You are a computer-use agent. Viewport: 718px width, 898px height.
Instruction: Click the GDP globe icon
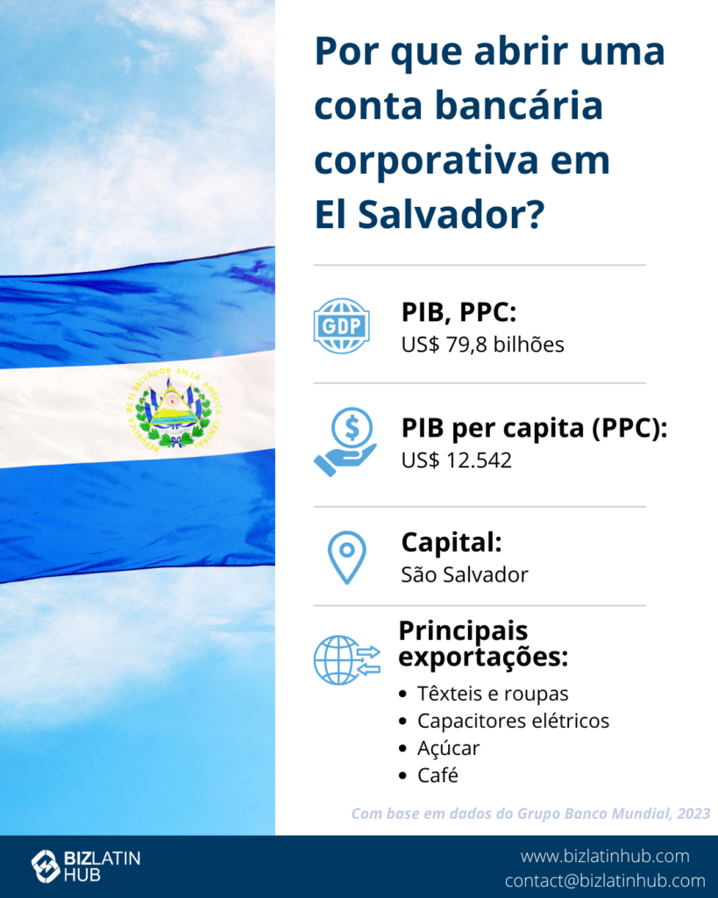[342, 325]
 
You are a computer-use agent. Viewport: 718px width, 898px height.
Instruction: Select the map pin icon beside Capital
[347, 558]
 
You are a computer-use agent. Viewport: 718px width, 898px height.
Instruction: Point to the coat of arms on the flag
[174, 408]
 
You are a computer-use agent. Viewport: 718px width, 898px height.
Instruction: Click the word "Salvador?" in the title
[451, 215]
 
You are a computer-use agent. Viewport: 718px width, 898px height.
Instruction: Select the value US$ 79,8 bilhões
[483, 345]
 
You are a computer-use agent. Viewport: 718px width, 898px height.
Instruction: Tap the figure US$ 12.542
[457, 460]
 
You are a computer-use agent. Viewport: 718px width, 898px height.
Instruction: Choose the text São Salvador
[465, 574]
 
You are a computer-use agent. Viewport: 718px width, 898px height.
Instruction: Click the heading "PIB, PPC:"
[459, 313]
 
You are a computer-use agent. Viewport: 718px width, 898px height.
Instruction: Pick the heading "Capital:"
[451, 542]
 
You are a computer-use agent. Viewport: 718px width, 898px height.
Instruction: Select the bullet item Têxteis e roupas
[493, 694]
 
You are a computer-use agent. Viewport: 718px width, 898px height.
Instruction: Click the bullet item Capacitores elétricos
[513, 721]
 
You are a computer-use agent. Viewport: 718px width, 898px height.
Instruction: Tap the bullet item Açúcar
[448, 749]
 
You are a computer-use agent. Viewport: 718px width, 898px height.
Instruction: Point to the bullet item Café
[437, 775]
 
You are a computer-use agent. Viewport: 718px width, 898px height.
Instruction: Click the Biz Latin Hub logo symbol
[46, 866]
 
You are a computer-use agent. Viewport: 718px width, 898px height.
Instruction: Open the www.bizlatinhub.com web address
[605, 856]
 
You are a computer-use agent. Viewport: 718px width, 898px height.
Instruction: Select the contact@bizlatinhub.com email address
[605, 880]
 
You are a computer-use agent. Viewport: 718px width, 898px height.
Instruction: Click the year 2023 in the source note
[693, 814]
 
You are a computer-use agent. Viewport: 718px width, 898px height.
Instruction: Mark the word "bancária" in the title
[519, 105]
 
